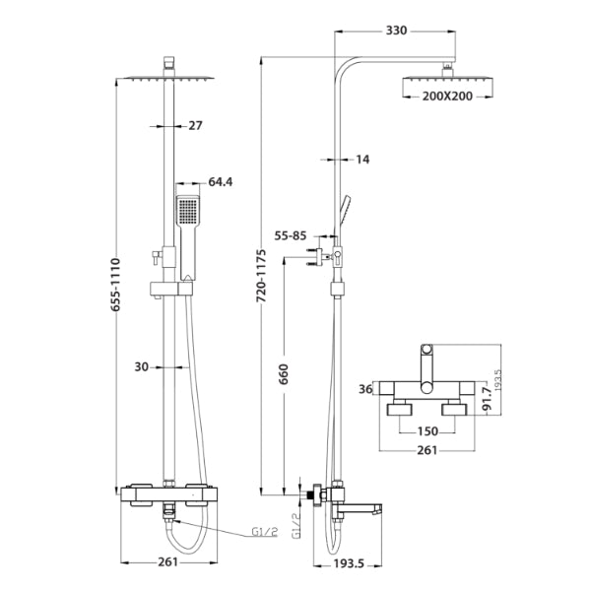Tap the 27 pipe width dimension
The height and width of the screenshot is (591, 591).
pos(194,125)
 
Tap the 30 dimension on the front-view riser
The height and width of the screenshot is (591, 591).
pos(142,366)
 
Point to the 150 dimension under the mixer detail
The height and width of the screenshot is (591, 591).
pos(427,430)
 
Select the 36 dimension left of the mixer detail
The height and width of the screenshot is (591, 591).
pos(366,389)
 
